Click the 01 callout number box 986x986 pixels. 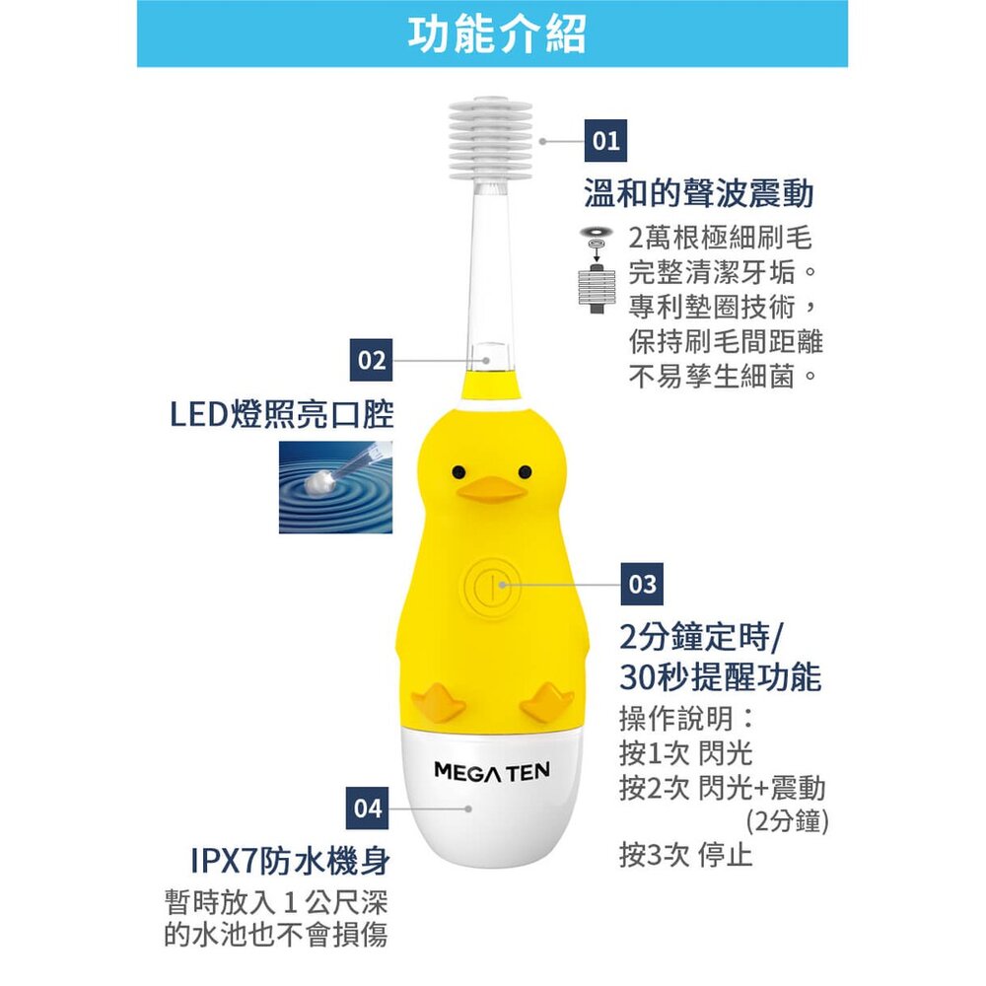[606, 140]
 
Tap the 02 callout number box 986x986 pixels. [371, 360]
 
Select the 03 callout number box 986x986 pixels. [642, 584]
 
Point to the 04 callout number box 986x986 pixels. [367, 809]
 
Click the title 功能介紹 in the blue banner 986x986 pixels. [497, 34]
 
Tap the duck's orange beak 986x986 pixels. [490, 490]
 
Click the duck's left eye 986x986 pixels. [458, 471]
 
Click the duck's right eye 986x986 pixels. [525, 471]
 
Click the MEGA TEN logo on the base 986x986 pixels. [492, 771]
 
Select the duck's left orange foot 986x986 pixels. [439, 700]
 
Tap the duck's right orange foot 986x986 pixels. [546, 700]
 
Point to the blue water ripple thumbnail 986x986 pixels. [336, 487]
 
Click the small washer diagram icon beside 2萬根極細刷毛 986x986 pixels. [597, 269]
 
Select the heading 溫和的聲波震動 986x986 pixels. [699, 193]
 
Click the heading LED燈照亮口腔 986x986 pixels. [282, 414]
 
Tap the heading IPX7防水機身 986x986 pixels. [290, 861]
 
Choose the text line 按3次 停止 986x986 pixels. [685, 855]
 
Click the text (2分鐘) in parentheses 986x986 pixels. [787, 820]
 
